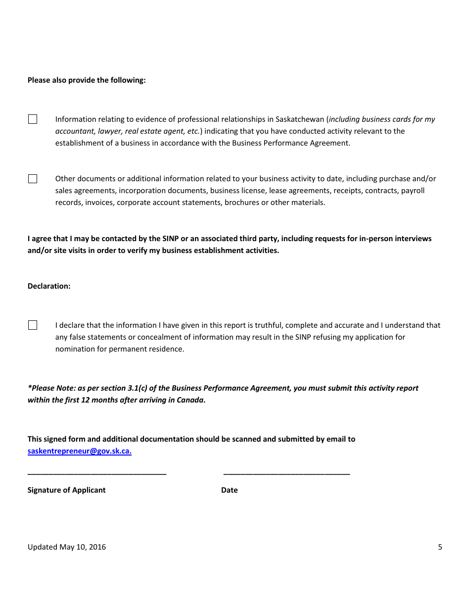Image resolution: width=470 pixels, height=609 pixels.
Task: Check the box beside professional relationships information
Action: click(x=33, y=119)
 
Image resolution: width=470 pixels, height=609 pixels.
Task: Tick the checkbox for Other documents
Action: click(x=33, y=179)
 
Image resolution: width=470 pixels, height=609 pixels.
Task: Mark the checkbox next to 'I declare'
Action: click(x=33, y=325)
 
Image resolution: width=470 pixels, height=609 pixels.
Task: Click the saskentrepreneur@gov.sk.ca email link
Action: click(x=79, y=451)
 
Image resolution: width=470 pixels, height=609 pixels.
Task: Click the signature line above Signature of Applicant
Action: click(x=97, y=474)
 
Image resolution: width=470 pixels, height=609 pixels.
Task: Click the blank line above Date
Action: click(x=286, y=474)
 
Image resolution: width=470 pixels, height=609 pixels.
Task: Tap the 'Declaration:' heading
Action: click(x=49, y=286)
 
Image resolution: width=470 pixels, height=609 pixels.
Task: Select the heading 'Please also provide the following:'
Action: click(x=87, y=80)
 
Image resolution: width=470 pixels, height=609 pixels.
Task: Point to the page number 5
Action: click(x=440, y=547)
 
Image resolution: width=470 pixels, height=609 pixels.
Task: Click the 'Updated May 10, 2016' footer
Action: click(x=67, y=547)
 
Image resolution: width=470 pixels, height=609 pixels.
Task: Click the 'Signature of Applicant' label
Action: click(x=67, y=490)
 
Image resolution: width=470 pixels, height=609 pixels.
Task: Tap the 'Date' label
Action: click(x=230, y=490)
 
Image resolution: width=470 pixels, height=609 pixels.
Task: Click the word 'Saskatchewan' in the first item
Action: click(x=299, y=119)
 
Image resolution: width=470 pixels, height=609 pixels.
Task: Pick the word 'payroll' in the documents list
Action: click(x=413, y=191)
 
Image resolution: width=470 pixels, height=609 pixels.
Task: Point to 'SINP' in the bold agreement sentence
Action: click(x=171, y=239)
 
